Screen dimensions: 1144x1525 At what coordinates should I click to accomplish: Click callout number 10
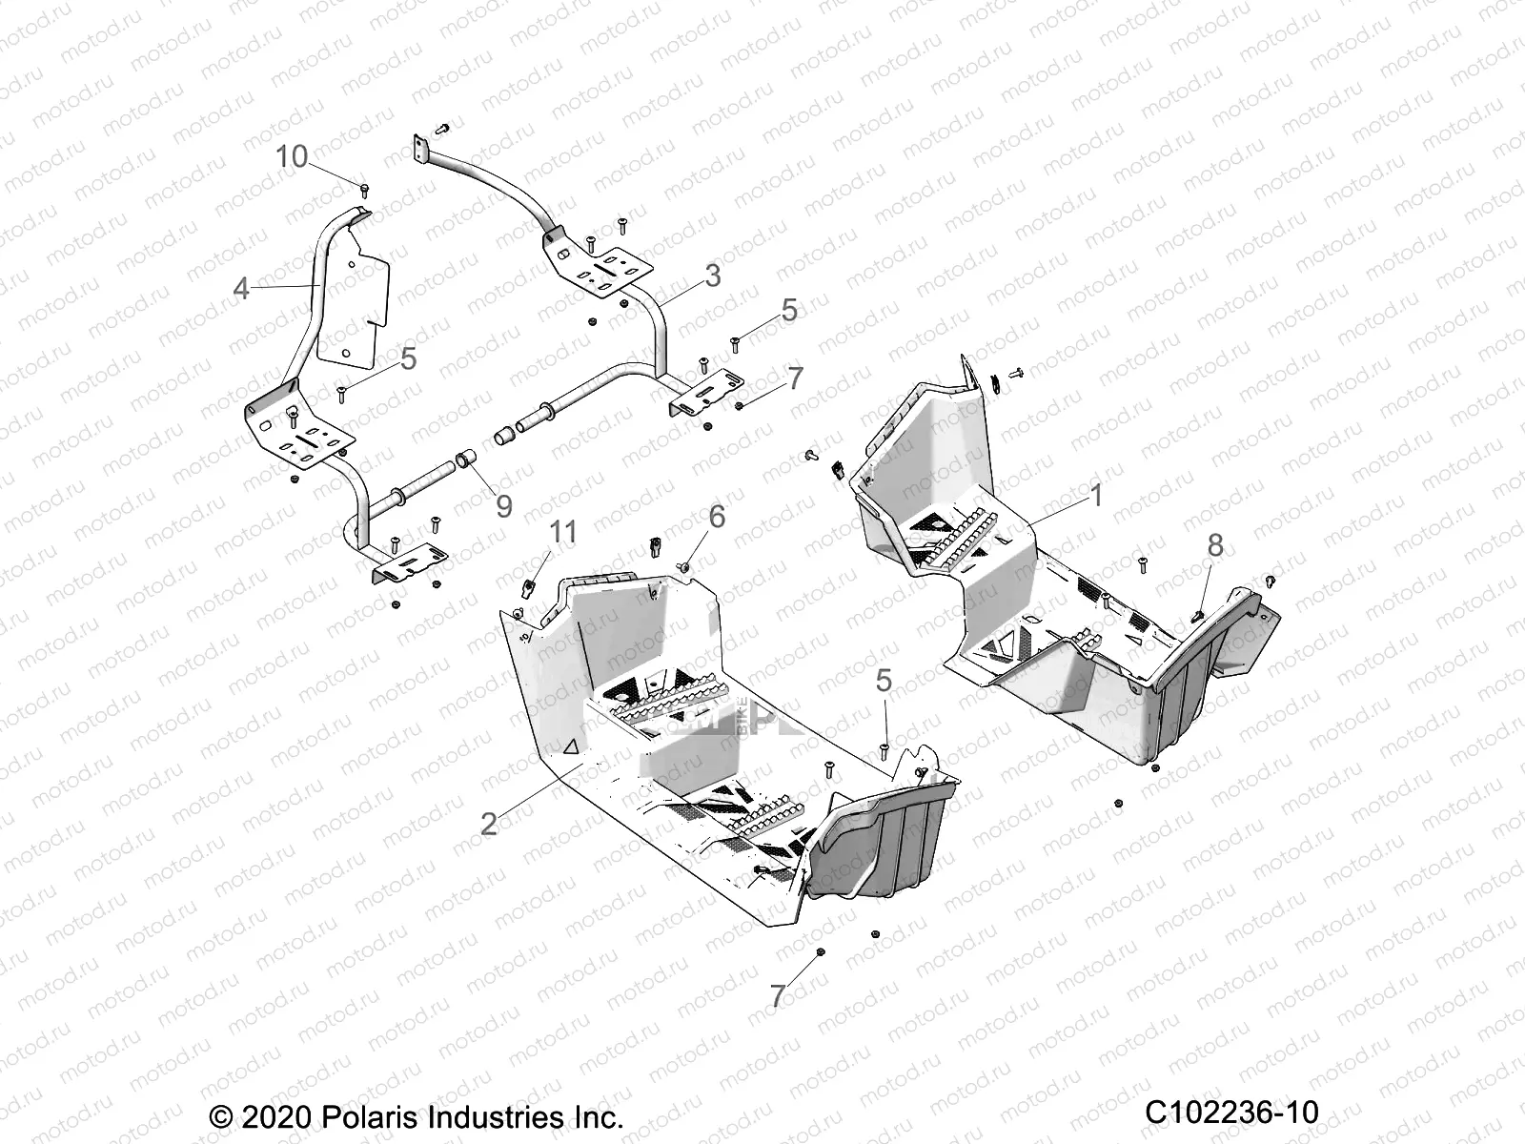click(x=292, y=156)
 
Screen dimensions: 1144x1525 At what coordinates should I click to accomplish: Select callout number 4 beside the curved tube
click(x=241, y=287)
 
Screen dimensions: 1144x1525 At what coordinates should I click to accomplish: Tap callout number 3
click(x=712, y=276)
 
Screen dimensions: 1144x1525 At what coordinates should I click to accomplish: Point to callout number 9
click(x=503, y=505)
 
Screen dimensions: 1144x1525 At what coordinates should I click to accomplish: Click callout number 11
click(x=564, y=532)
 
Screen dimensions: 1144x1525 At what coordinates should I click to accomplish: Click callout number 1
click(x=1095, y=495)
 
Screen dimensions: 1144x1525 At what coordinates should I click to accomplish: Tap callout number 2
click(x=488, y=823)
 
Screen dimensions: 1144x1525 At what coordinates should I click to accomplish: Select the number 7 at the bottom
click(x=778, y=996)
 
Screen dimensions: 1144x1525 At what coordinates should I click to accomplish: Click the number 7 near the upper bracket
click(x=795, y=378)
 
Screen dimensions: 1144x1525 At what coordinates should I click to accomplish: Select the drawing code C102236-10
click(x=1230, y=1112)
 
